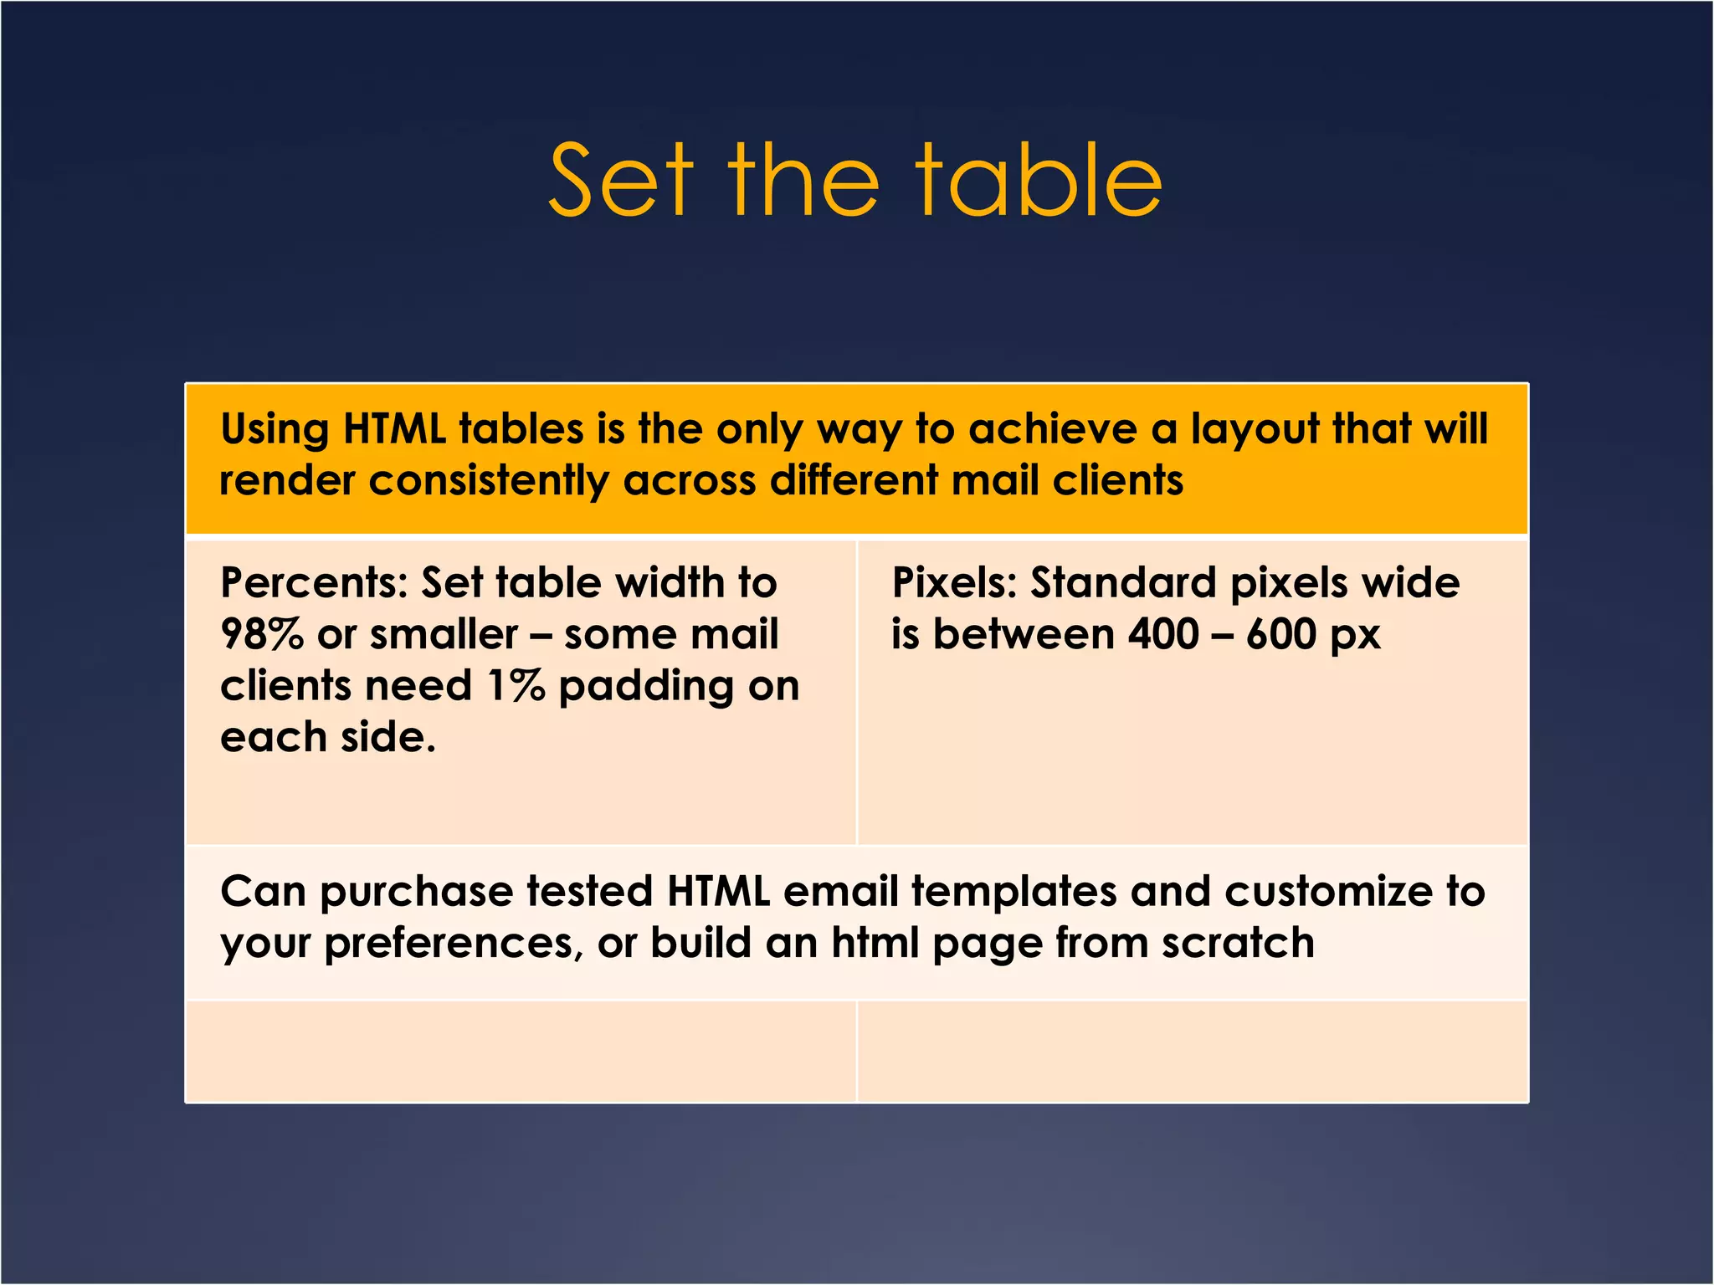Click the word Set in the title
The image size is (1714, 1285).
coord(621,180)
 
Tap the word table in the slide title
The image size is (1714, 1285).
coord(1039,180)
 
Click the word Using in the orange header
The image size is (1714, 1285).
coord(275,430)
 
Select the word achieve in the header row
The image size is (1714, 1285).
coord(1053,428)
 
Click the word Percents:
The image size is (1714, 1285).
coord(314,583)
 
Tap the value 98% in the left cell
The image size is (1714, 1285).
coord(261,634)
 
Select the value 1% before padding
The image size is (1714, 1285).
coord(516,686)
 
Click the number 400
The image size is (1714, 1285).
coord(1163,634)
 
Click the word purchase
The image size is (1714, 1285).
coord(416,893)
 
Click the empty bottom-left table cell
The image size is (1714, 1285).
coord(521,1052)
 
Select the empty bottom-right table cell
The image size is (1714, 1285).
coord(1193,1052)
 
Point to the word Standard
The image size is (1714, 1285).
coord(1123,583)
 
